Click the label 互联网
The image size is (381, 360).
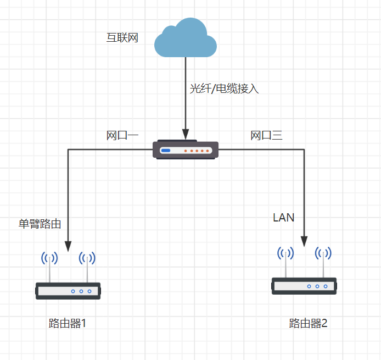[x=122, y=38]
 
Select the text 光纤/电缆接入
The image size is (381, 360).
[x=224, y=88]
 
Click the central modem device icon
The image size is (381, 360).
[x=186, y=150]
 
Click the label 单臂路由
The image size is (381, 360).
[x=40, y=224]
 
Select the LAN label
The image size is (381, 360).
[x=284, y=218]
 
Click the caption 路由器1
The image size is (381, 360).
[x=68, y=323]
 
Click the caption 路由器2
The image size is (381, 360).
[x=308, y=323]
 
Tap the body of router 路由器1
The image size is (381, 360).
[x=68, y=291]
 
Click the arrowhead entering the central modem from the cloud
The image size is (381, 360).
[x=186, y=135]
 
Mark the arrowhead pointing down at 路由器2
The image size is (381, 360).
[x=304, y=241]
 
